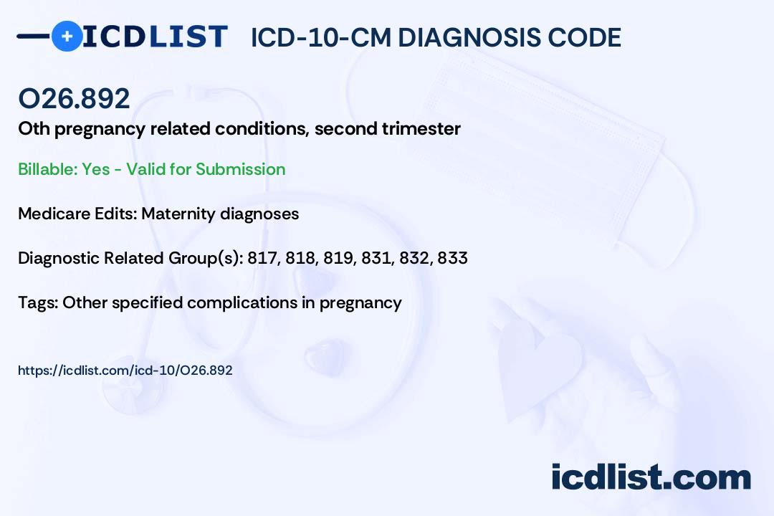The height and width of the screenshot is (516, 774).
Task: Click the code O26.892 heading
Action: pos(74,99)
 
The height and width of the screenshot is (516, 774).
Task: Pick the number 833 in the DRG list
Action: pos(452,258)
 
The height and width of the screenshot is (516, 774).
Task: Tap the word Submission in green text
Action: pos(240,169)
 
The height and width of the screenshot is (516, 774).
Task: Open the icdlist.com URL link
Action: pos(125,371)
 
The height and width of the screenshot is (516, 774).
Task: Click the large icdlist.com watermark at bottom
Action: pos(651,477)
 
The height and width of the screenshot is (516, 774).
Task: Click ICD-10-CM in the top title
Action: pos(320,37)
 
